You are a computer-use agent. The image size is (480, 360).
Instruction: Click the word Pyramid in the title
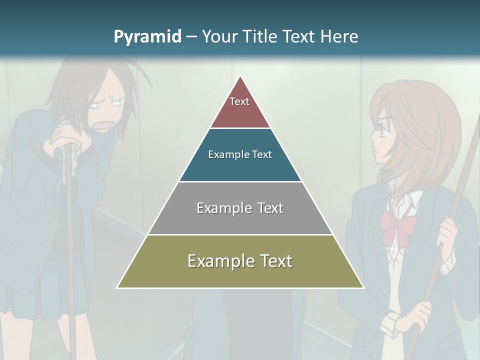click(147, 37)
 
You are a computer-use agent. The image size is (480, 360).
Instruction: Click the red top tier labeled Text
click(240, 107)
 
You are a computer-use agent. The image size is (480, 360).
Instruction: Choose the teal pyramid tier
click(240, 155)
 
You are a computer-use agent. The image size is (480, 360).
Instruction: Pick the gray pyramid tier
click(240, 208)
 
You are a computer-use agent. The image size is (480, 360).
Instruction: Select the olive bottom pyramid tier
click(240, 261)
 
